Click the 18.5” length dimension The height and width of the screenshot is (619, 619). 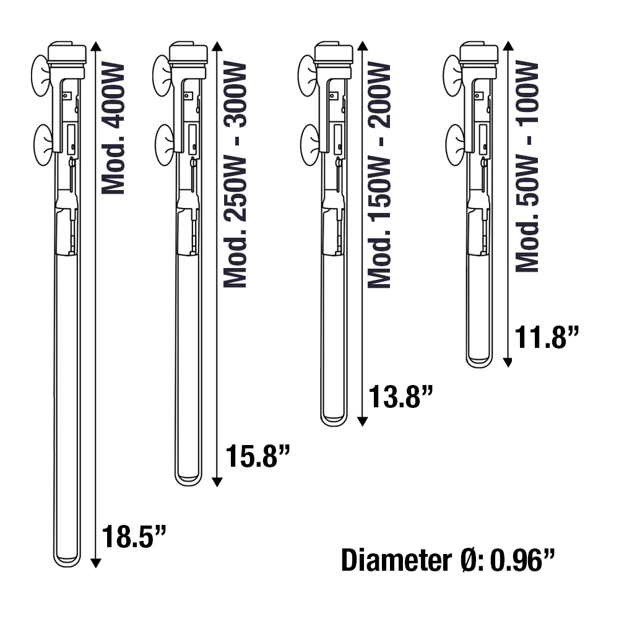click(134, 536)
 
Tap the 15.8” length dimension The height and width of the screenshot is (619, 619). click(258, 456)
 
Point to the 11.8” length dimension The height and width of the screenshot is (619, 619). click(547, 337)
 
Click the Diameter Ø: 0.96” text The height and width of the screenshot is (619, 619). click(448, 560)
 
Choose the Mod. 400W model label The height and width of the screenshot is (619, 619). click(113, 129)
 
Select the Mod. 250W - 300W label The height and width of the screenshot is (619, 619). click(235, 175)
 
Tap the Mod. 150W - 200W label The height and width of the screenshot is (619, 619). click(379, 175)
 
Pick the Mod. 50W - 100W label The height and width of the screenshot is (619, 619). click(527, 166)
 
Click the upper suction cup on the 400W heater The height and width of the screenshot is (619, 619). click(41, 76)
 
